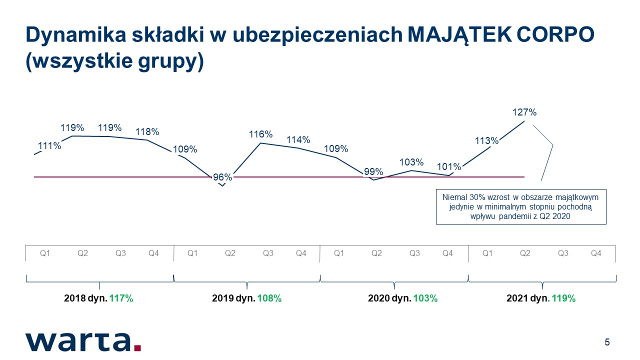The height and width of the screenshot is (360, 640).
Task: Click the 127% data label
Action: (524, 112)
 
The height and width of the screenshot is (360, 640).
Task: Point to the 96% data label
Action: (222, 177)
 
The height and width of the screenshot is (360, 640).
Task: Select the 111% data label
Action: (49, 146)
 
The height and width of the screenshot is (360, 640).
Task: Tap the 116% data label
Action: (260, 134)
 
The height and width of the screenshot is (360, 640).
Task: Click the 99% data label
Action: (373, 172)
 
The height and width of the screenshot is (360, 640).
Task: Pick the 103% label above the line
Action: (411, 162)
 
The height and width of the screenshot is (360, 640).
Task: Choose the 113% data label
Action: (486, 141)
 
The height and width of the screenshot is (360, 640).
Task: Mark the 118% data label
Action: (147, 132)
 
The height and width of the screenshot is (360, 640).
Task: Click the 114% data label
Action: (298, 139)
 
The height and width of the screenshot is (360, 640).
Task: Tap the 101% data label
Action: (449, 166)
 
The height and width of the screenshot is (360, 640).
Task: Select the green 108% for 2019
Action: (269, 298)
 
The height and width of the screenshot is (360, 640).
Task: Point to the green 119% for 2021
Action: (563, 298)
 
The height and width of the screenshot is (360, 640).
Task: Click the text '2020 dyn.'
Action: (389, 298)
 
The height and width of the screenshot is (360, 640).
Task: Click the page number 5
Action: (607, 342)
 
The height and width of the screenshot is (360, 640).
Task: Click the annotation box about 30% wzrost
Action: (521, 206)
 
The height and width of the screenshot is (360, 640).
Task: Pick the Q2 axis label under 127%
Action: (525, 253)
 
